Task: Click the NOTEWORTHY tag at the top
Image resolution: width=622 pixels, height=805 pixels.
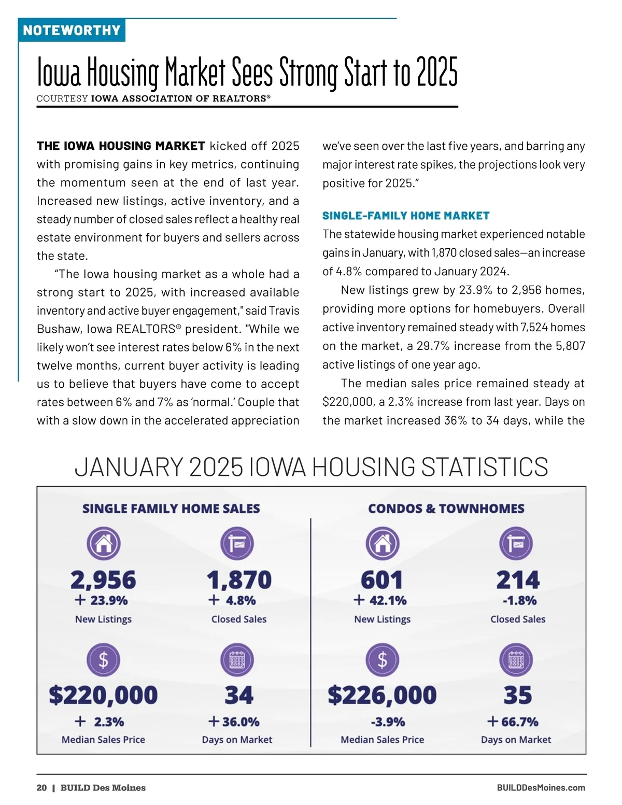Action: pos(72,30)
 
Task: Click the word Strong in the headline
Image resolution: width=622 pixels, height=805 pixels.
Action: pos(308,73)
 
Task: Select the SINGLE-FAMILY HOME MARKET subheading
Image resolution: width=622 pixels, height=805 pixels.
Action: pos(406,216)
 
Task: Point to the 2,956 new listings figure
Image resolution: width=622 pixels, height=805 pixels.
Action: pos(103,580)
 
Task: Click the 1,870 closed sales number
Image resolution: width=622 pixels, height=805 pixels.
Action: pos(239,580)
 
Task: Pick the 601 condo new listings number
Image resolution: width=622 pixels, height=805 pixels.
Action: pos(382,580)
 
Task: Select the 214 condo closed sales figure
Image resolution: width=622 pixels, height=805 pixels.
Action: pos(518,580)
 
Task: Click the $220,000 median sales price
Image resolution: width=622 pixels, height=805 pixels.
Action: pos(103,695)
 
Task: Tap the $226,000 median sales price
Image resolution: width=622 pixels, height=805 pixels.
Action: pos(382,695)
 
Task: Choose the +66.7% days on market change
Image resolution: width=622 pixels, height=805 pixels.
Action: pos(513,722)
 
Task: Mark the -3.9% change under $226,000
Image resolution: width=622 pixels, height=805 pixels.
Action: pos(388,722)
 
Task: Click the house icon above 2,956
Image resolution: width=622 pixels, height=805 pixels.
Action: pos(103,544)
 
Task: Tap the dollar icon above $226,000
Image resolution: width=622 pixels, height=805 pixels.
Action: pos(382,660)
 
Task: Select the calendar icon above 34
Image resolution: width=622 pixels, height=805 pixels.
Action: pos(237,660)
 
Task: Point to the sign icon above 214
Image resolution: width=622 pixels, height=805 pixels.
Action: pos(516,544)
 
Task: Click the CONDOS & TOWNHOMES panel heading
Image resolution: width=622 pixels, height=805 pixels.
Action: pos(446,509)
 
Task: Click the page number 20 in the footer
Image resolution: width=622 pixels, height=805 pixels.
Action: pos(41,788)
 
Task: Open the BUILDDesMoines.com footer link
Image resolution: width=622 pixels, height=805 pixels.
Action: pos(541,788)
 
